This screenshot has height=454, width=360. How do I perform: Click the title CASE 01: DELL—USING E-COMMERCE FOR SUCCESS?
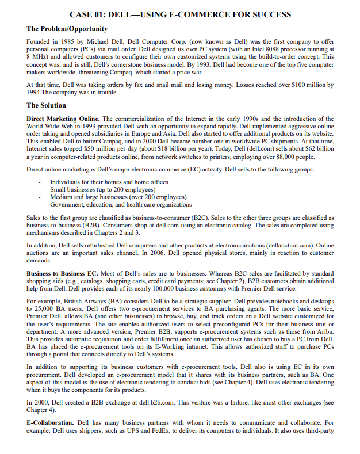180,14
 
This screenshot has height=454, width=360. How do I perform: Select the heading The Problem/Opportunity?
67,29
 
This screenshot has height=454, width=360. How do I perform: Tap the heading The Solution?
47,105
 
